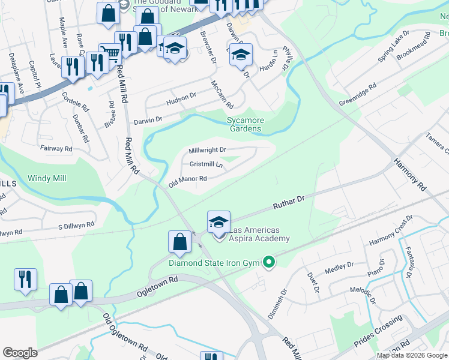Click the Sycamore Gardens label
(x=244, y=124)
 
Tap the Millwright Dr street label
(x=207, y=150)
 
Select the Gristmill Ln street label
(x=206, y=164)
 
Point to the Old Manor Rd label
(x=187, y=179)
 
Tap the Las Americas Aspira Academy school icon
(x=218, y=222)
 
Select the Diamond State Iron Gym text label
(x=216, y=263)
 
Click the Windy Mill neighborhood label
(x=47, y=178)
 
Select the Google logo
(x=20, y=353)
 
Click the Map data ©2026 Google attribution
(x=412, y=355)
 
